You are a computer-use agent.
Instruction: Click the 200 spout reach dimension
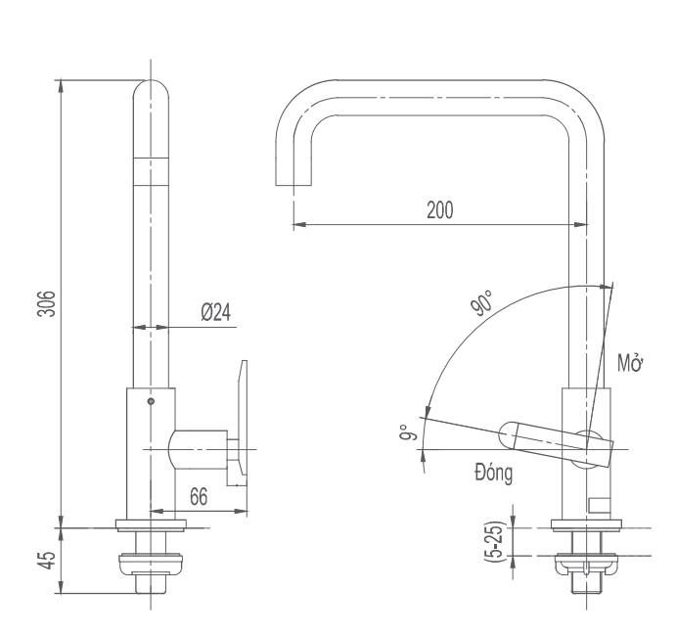tap(439, 210)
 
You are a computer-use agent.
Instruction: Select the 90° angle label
tap(480, 304)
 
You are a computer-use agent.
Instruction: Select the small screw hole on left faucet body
tap(150, 401)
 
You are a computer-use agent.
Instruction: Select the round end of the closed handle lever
tap(511, 433)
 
